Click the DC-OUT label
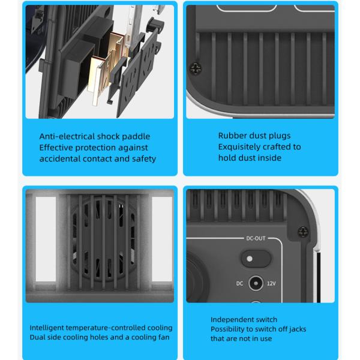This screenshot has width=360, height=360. tap(256, 238)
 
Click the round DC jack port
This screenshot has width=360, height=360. tap(256, 283)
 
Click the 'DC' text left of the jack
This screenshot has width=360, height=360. tap(239, 283)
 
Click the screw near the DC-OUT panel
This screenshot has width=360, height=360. tap(304, 230)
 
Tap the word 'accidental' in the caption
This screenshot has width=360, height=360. tap(59, 159)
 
